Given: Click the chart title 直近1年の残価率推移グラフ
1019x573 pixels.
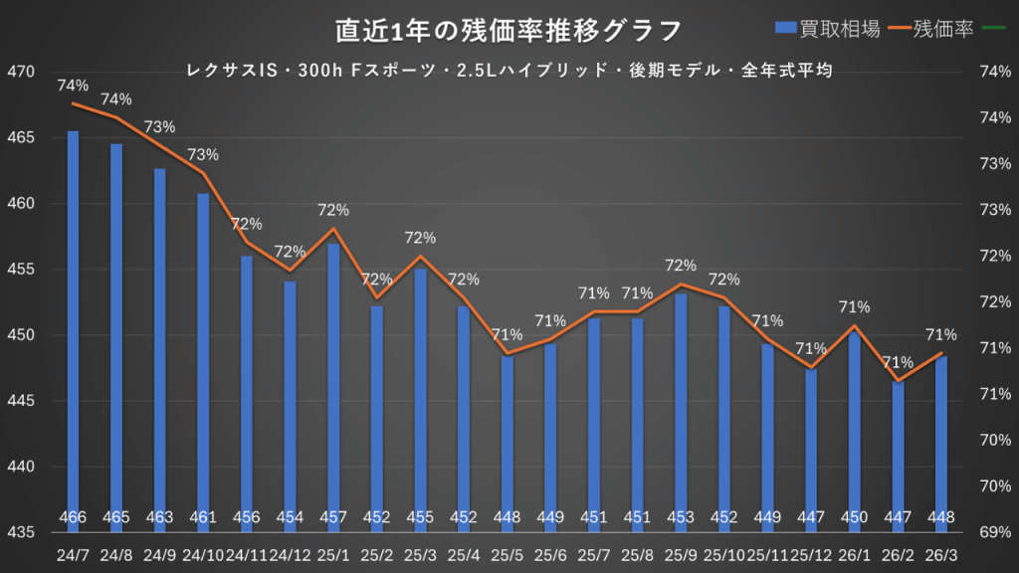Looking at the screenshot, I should [x=509, y=30].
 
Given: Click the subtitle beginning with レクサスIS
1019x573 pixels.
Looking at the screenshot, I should [x=509, y=71].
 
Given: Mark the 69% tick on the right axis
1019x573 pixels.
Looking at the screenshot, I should [x=995, y=532].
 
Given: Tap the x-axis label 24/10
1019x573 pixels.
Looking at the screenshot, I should [x=203, y=552].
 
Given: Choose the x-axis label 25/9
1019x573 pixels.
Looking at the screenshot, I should [x=681, y=552].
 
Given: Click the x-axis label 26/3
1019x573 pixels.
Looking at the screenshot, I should [x=941, y=552].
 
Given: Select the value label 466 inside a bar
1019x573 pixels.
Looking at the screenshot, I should [x=74, y=517].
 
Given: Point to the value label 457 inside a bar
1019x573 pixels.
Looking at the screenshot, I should [x=333, y=517].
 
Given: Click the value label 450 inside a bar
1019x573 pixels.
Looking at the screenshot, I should [x=855, y=517].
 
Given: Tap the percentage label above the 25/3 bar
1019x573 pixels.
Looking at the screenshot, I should [x=420, y=238].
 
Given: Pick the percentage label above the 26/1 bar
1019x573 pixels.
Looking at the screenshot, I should [x=855, y=307].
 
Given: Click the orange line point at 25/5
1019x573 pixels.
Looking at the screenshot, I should [x=508, y=353].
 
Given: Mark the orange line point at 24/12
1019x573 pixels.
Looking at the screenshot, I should [x=290, y=271].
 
